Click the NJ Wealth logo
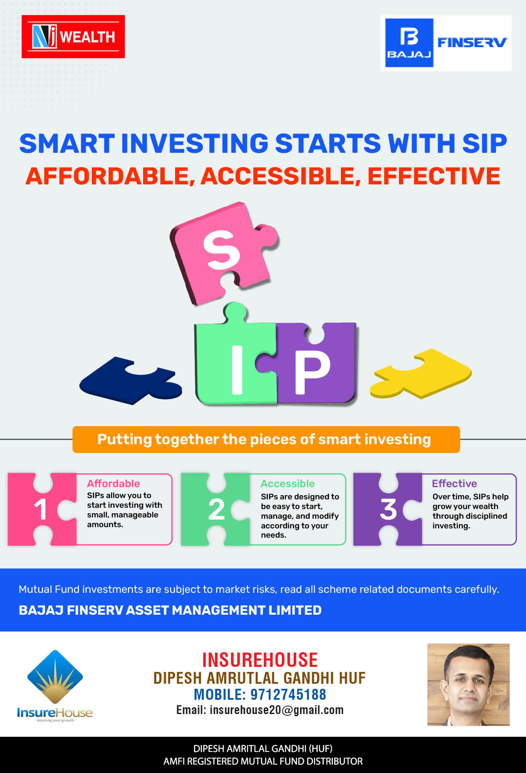pos(73,37)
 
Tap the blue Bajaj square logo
pos(409,43)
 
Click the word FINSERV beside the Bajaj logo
pos(472,42)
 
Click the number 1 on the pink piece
pos(40,509)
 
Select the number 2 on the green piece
pos(216,509)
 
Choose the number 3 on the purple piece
pos(388,509)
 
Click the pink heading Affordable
pos(113,483)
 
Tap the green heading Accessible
pos(287,483)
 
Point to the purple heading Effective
pos(454,483)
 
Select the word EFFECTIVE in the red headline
pos(434,176)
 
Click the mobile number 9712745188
pos(288,694)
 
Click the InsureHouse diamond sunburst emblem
pos(55,677)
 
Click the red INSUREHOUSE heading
pos(260,660)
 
